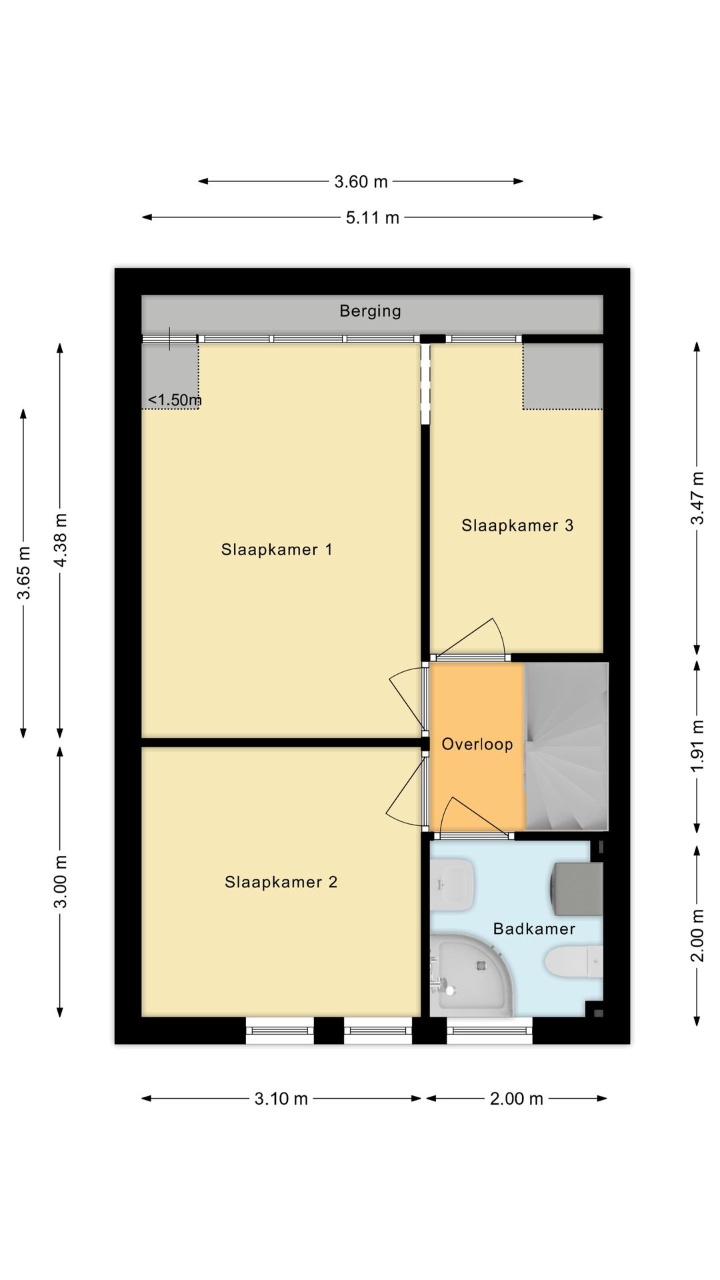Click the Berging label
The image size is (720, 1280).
click(370, 311)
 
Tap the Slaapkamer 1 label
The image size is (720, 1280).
click(277, 549)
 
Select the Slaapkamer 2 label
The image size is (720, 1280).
click(281, 882)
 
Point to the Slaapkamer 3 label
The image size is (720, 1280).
click(517, 525)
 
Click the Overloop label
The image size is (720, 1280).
click(477, 744)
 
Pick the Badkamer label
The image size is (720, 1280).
click(534, 929)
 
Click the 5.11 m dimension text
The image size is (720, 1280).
click(372, 217)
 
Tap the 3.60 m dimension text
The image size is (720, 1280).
click(361, 181)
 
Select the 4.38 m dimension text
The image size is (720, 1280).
click(60, 540)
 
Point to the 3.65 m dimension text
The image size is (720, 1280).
click(24, 573)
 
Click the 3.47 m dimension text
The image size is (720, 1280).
click(697, 498)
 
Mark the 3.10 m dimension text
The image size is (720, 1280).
click(281, 1099)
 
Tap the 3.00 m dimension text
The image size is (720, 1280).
click(60, 881)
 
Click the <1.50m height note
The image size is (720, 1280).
click(175, 400)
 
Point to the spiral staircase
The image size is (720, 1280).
click(567, 746)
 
